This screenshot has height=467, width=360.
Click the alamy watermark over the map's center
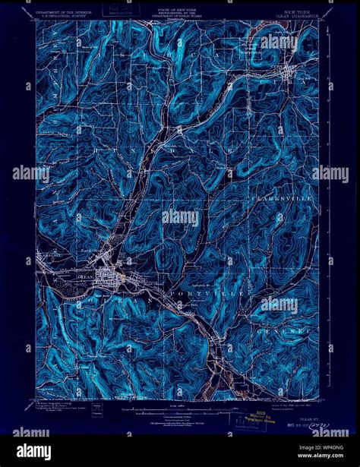[179, 217]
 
